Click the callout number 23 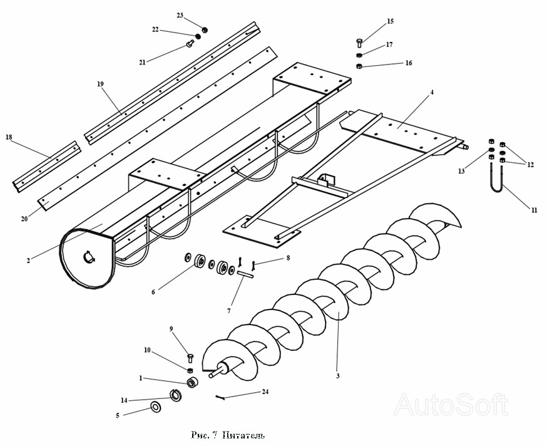[180, 15]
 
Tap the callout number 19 [100, 83]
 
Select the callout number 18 [9, 137]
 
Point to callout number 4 [431, 93]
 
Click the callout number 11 [534, 210]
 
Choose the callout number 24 [265, 392]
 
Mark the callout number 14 [124, 400]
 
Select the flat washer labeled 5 [154, 408]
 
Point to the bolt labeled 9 [190, 358]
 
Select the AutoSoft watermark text [450, 404]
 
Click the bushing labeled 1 [192, 382]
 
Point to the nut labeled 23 [204, 29]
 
